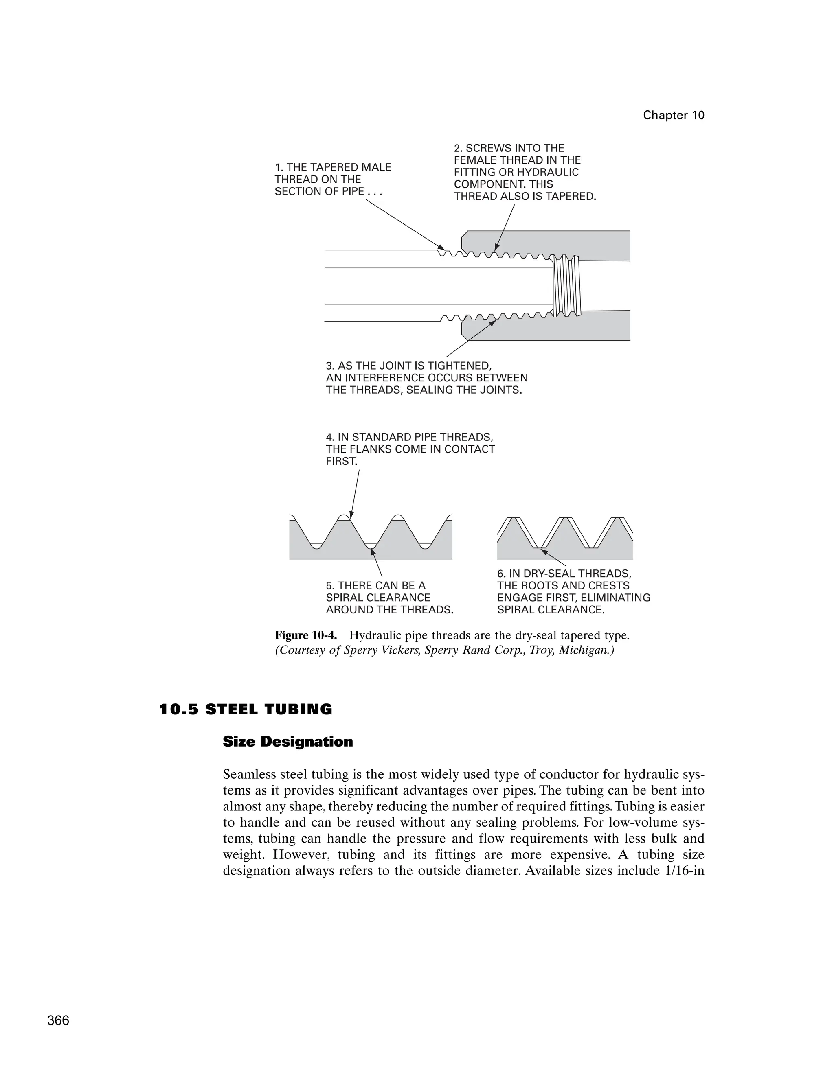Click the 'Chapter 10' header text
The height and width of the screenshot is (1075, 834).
click(x=673, y=115)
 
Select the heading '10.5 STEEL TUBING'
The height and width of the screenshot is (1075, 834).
click(x=246, y=709)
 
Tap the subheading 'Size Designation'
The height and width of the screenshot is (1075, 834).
click(x=288, y=741)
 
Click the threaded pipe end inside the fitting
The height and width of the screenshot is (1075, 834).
click(x=566, y=285)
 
